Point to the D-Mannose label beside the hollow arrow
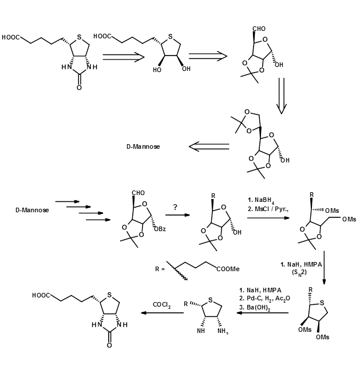tap(143, 147)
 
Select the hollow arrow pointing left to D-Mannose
tap(208, 147)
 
